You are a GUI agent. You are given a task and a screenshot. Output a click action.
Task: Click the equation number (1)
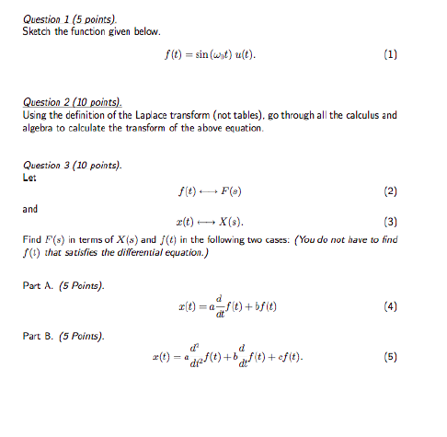(x=391, y=54)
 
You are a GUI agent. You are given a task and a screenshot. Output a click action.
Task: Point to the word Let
(x=29, y=178)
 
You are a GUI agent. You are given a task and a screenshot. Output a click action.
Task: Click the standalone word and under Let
(x=30, y=209)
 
